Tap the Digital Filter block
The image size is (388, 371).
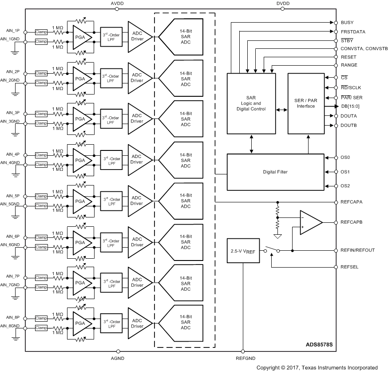[x=275, y=172]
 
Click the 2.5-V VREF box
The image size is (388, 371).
[x=243, y=252]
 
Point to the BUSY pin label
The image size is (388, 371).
[x=347, y=22]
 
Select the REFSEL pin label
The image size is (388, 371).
[x=349, y=267]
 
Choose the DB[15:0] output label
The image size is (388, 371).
[x=351, y=106]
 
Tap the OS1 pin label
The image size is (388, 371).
[x=345, y=172]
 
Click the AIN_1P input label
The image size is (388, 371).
[x=13, y=31]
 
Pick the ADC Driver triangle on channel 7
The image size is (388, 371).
[x=138, y=283]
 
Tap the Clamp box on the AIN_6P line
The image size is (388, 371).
[x=41, y=237]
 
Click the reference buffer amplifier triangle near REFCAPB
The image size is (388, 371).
[x=311, y=222]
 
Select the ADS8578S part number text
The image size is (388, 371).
[x=319, y=344]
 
